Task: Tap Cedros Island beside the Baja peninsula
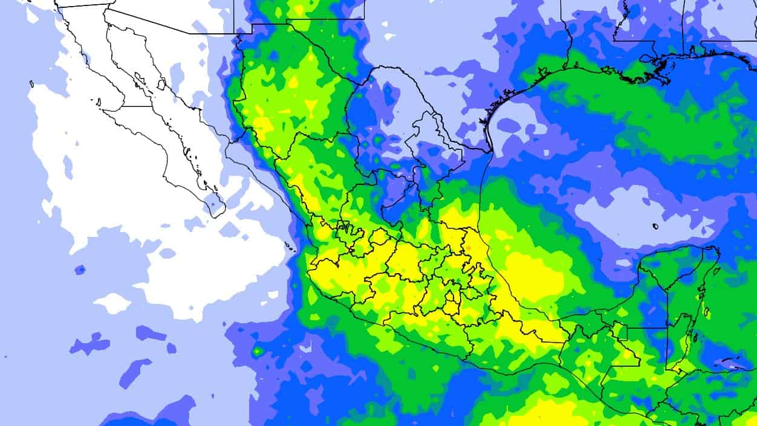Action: pos(98,103)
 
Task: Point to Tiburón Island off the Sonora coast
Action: pos(161,84)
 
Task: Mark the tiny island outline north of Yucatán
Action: pos(655,227)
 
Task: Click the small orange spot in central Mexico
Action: pos(467,248)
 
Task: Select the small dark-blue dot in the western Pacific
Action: pos(80,269)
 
